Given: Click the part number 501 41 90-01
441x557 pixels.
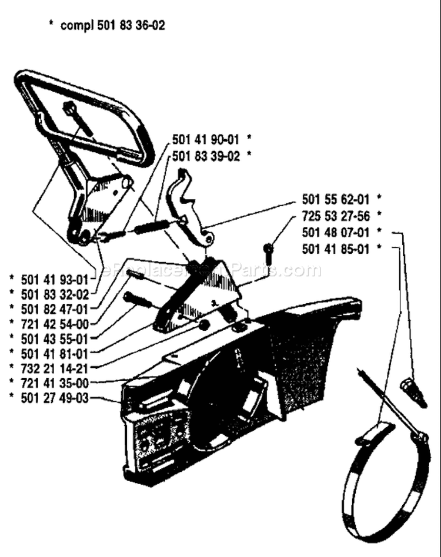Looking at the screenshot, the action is coord(206,140).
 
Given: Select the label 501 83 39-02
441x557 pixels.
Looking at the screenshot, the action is coord(206,156).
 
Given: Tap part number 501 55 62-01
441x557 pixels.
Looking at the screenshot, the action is coord(336,199).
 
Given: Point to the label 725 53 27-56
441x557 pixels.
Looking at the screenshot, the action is coord(336,216).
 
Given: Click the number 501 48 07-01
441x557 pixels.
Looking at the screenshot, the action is coord(336,232).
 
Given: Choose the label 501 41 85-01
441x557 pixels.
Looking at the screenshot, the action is coord(336,249).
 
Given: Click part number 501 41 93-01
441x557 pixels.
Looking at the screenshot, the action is coord(54,280).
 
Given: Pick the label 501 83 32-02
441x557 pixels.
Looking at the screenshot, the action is coord(55,294).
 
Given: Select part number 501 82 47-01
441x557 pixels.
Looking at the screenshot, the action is coord(54,310).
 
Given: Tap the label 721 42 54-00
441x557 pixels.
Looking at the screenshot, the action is coord(55,324).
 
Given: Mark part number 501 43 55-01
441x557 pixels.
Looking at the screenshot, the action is coord(54,339).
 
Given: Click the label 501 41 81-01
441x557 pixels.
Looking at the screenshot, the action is coord(54,354).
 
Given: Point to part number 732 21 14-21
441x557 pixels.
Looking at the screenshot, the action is coord(54,368).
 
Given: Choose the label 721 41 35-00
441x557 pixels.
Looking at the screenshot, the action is coord(55,383).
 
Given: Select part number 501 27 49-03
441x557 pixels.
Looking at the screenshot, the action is coord(55,398).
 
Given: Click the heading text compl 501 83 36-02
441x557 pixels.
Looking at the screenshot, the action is coord(113,26).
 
